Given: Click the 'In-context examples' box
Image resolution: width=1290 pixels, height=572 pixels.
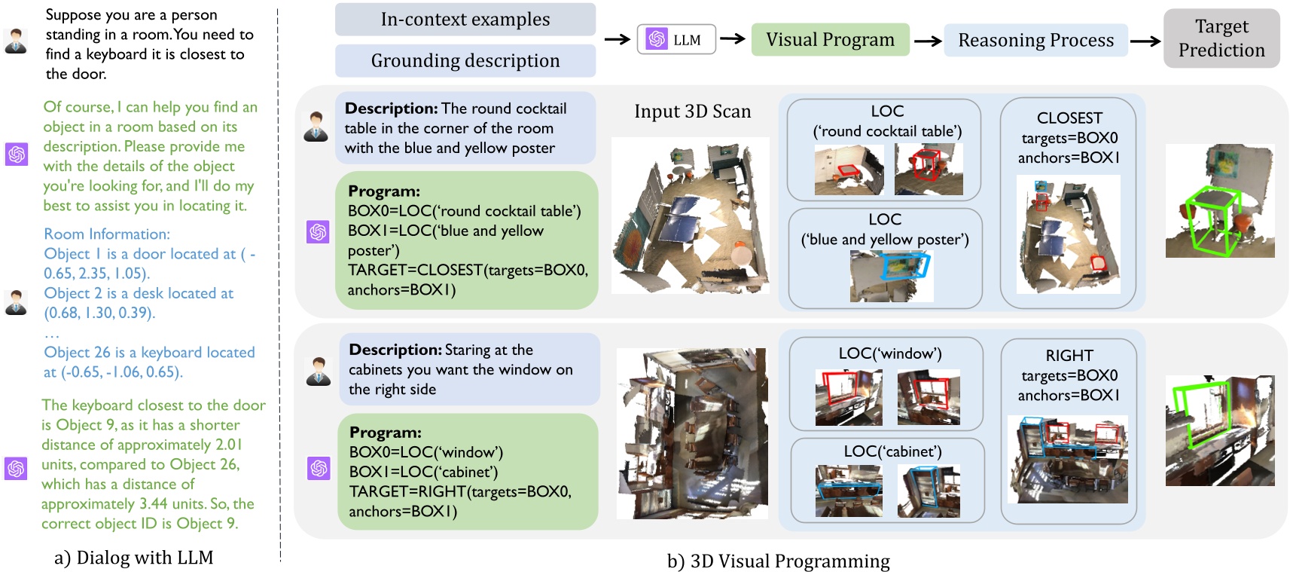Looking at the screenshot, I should [465, 20].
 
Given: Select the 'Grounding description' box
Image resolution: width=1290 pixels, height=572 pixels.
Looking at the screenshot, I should [465, 61].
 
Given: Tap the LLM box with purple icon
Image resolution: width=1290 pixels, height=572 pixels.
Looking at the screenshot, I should [675, 39].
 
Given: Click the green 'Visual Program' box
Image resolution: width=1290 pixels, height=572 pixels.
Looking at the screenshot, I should [830, 40].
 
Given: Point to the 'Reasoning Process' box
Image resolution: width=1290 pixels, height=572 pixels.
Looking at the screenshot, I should [1035, 41].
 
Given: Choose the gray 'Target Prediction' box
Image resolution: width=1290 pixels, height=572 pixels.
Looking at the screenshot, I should [1221, 38].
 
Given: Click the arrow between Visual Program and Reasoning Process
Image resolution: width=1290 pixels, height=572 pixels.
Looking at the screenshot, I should [927, 41].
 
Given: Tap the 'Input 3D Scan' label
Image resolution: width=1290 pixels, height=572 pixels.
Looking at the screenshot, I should [692, 112].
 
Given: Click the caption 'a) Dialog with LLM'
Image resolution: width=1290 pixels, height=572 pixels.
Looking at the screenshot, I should [134, 558].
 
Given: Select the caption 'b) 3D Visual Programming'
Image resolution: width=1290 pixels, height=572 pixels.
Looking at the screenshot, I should [778, 561].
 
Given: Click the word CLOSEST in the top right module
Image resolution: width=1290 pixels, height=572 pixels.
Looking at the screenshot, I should [1069, 118].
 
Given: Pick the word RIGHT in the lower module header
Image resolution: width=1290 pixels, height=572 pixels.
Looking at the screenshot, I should [1069, 356].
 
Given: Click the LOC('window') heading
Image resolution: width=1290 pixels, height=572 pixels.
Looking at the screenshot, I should [889, 353].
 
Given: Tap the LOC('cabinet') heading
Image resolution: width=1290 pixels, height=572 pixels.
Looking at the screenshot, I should [892, 451].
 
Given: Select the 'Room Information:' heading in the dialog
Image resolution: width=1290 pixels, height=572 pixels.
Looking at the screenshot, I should [107, 234].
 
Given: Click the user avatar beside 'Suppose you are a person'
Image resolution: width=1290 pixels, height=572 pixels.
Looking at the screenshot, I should [16, 41].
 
